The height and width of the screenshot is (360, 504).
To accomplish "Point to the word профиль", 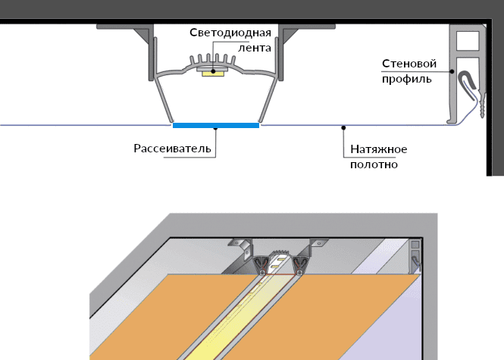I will (407, 77).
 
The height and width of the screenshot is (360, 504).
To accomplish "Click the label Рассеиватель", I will (171, 148).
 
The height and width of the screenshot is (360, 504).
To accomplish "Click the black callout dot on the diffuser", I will (216, 129).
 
